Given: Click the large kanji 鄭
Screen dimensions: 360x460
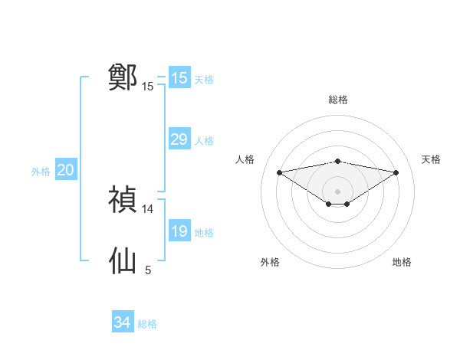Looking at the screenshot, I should pos(123,77).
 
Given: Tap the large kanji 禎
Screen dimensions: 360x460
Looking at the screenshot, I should pos(123,199).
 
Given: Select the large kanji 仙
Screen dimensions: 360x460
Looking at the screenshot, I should pos(123,260).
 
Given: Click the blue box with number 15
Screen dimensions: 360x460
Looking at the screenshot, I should pos(179,78).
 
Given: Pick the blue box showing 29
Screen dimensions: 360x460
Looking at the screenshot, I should pos(179,139).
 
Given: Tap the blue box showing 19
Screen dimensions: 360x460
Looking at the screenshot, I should pos(179,231).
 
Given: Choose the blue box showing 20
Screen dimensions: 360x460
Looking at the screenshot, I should pos(65,171).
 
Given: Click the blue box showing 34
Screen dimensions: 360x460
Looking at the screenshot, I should pos(122,322).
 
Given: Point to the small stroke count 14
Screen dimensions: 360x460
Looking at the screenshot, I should pos(148,208).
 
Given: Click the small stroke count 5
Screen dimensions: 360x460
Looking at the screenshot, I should pos(148,270).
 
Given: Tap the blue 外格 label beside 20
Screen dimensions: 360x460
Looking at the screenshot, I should pos(41,172).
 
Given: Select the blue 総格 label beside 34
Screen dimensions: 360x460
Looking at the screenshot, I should pos(147,324).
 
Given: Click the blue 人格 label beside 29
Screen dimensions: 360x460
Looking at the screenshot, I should pos(204,141).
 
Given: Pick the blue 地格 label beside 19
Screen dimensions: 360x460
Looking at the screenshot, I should pos(204,233).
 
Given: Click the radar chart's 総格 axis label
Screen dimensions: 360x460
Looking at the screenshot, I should pos(337,100).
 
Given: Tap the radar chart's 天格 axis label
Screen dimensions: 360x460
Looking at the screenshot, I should pos(432,159).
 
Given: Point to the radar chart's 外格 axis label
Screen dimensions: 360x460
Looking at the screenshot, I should pos(270,262).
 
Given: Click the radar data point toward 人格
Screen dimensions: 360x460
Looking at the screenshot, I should pos(279,172).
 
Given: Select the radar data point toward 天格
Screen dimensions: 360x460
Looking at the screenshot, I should pos(396,172).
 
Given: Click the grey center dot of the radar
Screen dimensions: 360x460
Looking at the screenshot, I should pos(337,191).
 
